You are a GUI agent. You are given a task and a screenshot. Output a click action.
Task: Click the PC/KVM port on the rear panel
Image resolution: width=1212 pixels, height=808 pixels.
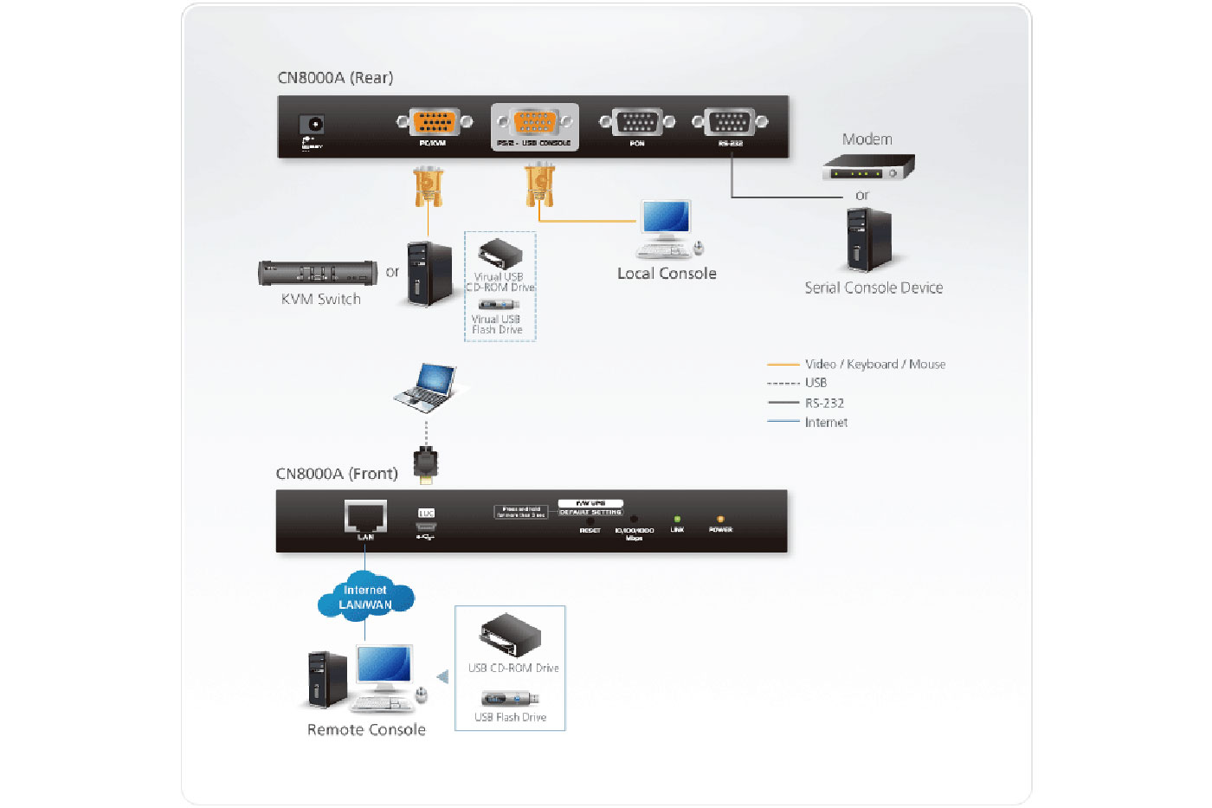click(434, 122)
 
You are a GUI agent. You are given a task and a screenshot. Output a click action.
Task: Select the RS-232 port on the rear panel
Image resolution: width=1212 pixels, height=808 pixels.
click(730, 122)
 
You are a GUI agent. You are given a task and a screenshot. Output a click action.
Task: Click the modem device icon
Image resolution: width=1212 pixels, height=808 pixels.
click(867, 167)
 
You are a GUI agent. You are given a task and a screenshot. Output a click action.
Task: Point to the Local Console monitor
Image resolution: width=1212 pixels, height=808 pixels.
click(666, 217)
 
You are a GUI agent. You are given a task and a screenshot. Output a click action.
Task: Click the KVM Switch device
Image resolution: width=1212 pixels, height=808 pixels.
click(318, 273)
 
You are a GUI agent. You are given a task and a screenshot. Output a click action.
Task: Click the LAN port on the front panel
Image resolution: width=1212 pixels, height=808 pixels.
click(365, 516)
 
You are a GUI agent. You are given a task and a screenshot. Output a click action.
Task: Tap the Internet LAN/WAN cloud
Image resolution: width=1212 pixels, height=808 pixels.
click(365, 598)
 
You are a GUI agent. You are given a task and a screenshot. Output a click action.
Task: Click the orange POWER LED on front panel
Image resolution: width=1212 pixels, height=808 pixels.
click(720, 520)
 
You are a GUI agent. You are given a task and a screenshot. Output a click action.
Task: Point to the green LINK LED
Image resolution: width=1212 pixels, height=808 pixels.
click(677, 520)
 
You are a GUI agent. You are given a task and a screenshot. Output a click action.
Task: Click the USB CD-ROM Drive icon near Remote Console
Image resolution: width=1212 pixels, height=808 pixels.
click(511, 637)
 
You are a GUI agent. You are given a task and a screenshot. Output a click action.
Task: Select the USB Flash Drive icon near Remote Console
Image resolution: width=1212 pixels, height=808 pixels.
click(511, 699)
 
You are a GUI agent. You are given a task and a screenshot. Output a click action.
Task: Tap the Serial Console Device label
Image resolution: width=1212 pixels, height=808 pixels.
click(874, 288)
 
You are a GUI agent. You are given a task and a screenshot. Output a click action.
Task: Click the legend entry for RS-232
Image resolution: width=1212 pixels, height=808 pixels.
click(824, 403)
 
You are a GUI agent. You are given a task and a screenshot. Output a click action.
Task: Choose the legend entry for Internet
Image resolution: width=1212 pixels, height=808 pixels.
click(826, 423)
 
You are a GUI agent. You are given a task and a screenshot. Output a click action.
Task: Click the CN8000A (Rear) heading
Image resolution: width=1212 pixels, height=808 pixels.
click(335, 78)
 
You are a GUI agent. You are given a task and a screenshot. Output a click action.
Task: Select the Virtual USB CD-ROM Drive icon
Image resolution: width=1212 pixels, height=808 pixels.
click(500, 255)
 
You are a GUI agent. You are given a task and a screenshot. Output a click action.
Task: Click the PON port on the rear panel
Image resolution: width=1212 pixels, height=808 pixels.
click(637, 122)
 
